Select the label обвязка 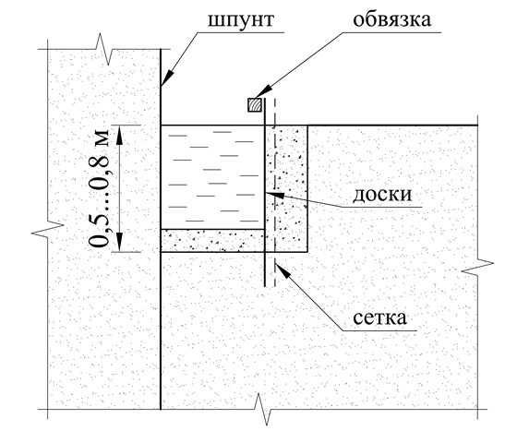tap(392, 19)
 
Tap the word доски tap(382, 195)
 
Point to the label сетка tap(379, 317)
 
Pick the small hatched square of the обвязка tap(255, 105)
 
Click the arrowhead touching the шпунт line tap(166, 78)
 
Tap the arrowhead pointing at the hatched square tap(263, 92)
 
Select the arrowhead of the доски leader tap(274, 194)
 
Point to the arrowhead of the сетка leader tap(282, 269)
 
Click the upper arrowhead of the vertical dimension tap(119, 135)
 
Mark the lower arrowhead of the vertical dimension tap(119, 242)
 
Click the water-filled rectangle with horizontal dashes tap(212, 177)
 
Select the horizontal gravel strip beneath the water tap(212, 241)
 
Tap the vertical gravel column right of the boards tap(287, 188)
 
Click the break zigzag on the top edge tap(104, 49)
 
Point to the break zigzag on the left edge tap(48, 229)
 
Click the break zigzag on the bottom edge tap(263, 409)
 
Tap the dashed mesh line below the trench tap(275, 269)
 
